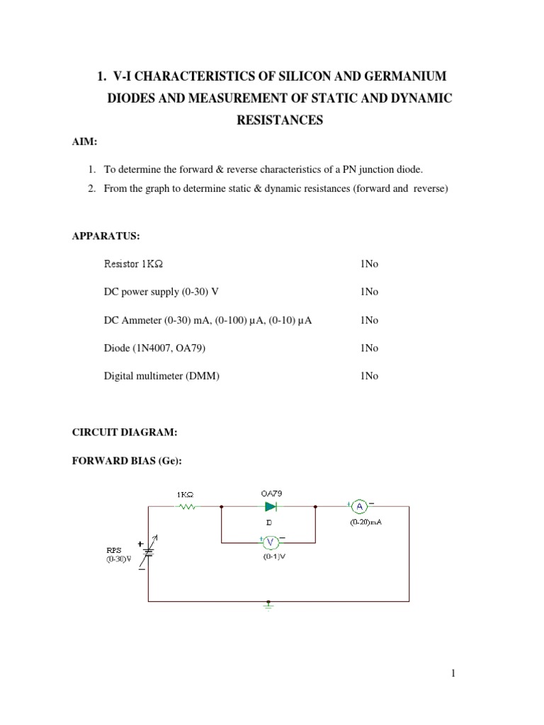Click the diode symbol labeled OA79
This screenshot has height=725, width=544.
click(271, 506)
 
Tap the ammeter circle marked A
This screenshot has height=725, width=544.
click(359, 506)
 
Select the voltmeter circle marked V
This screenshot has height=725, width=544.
click(271, 542)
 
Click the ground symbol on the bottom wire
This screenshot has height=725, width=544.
click(268, 605)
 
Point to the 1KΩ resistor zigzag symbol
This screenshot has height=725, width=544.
click(188, 506)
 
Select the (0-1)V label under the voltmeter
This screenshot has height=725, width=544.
click(271, 556)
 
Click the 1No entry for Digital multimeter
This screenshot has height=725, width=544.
click(369, 377)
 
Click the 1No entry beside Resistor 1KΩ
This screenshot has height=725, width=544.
click(369, 264)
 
